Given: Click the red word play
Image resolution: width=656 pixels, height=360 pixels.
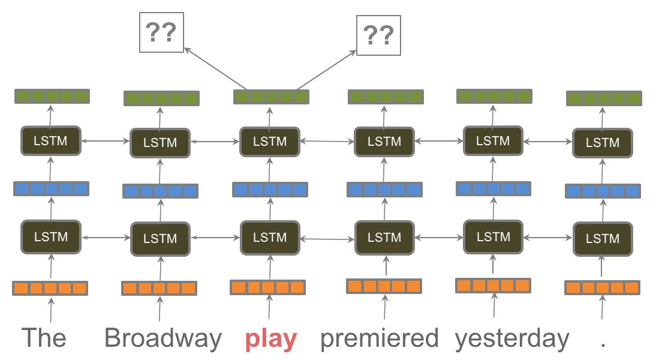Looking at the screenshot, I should pos(270,340).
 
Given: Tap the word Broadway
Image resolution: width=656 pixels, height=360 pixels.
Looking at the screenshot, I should pos(163,338).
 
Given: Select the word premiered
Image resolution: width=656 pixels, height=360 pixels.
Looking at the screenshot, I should pos(379,338).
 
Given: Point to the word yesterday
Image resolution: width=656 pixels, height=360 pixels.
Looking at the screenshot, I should pos(511,339).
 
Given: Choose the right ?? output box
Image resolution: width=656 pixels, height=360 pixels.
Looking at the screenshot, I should pos(378,35).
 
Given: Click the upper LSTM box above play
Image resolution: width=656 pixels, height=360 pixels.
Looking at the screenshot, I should pos(270,142).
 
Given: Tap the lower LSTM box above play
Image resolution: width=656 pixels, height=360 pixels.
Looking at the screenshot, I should pos(270,237).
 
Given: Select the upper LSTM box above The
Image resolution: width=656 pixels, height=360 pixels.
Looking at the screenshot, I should pos(51,141).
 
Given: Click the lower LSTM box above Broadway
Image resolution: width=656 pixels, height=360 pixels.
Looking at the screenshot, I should pos(160,238).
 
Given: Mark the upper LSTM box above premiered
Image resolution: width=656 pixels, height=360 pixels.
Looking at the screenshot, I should pos(384,142).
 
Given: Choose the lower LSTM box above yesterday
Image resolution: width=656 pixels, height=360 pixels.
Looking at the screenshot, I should pos(493,236).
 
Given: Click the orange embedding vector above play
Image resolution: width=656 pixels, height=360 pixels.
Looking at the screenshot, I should pos(268,287).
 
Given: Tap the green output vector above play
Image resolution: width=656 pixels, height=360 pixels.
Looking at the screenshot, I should pos(271,97).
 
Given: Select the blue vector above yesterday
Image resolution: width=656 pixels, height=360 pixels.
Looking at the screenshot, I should pos(494,189).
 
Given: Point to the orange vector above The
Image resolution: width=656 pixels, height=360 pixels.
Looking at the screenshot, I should pos(50,288).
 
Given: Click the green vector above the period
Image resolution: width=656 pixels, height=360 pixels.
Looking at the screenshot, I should pos(604,98).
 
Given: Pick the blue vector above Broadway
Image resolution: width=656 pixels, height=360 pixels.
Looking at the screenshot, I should pos(160,191).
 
